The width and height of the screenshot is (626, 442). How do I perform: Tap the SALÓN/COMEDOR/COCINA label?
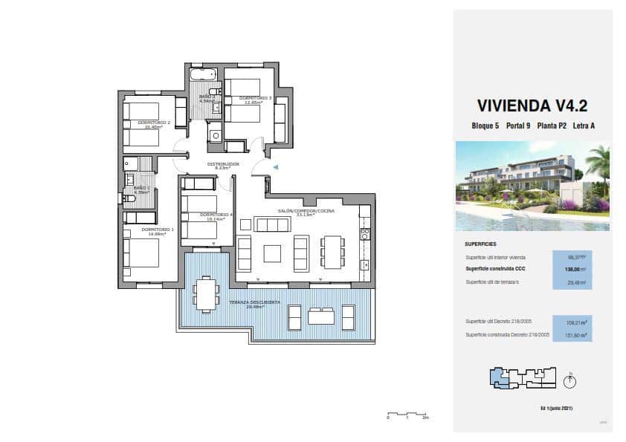306,212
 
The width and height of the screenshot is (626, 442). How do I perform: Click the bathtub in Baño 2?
202,75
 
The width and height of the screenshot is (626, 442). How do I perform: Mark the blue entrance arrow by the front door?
274,168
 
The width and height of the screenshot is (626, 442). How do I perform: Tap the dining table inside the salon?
332,253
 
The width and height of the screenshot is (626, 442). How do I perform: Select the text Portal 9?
521,126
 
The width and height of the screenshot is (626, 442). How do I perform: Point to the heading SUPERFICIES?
480,244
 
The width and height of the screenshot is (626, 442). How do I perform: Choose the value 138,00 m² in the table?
572,269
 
